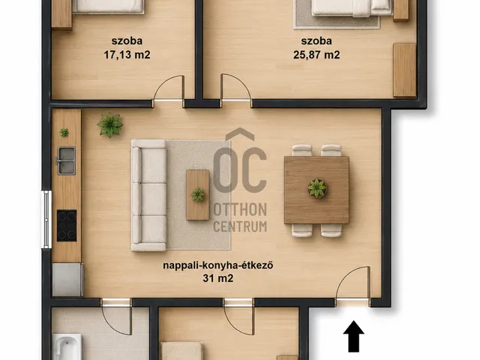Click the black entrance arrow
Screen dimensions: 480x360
click(353, 336)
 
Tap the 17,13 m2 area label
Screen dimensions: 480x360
click(127, 55)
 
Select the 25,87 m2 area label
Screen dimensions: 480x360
click(316, 55)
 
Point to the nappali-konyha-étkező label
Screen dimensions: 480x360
click(218, 265)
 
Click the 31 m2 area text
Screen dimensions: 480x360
click(218, 278)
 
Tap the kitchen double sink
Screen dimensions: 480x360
click(66, 160)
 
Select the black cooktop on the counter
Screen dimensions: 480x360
click(67, 226)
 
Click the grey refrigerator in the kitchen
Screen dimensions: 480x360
click(67, 280)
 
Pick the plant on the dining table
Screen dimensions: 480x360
click(317, 188)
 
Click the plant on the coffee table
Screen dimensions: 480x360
click(198, 195)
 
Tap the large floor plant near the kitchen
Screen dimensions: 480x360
click(110, 124)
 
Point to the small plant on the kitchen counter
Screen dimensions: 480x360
click(64, 132)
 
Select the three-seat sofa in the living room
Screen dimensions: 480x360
click(149, 195)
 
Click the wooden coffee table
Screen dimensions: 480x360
click(198, 195)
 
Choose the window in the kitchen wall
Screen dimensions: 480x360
click(46, 219)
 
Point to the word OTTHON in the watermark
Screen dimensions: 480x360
click(240, 210)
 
